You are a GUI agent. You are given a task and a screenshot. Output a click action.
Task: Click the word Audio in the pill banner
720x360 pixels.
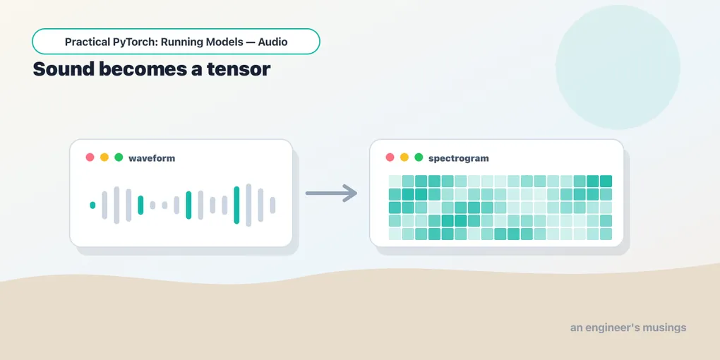click(272, 42)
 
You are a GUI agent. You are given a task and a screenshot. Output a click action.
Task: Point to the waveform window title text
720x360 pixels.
click(152, 158)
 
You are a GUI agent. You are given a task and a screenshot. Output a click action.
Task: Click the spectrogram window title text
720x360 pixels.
click(459, 158)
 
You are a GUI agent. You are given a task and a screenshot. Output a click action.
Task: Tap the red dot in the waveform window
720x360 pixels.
click(90, 157)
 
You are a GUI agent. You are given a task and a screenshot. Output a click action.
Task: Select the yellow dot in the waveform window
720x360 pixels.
click(104, 157)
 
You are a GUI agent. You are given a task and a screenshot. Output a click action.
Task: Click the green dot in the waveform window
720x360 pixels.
click(119, 157)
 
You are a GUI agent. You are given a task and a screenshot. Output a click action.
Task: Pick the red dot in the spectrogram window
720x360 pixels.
click(390, 157)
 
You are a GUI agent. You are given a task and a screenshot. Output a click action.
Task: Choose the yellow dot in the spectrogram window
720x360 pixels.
click(404, 157)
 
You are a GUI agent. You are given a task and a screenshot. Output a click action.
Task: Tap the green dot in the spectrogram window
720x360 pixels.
click(419, 157)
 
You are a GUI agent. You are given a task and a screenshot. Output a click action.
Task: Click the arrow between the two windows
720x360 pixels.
click(331, 193)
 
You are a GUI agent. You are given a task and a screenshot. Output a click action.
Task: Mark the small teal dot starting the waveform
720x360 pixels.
click(92, 205)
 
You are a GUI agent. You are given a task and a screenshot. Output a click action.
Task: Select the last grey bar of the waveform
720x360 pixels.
click(272, 205)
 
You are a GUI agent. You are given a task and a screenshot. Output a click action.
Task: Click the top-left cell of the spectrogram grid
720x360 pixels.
click(395, 181)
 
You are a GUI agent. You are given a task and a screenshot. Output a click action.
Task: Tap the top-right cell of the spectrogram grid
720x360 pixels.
click(606, 181)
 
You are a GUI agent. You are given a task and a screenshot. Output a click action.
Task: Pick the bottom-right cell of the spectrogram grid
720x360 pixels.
click(606, 234)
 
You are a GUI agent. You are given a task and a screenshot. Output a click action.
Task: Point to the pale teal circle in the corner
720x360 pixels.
click(618, 67)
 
